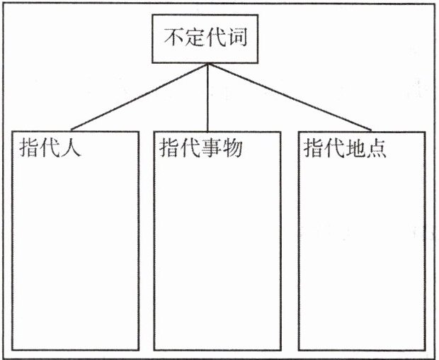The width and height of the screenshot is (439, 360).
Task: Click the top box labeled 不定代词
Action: (207, 40)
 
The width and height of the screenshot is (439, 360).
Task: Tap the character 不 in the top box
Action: (175, 38)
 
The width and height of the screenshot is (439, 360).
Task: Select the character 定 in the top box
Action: (195, 38)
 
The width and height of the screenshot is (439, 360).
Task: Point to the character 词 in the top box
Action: (238, 38)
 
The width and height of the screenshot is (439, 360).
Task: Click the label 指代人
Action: (50, 149)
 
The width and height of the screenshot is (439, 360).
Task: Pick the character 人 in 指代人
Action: (72, 149)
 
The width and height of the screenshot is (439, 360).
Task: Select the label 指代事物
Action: (203, 149)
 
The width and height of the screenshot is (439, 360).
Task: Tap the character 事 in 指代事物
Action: (212, 149)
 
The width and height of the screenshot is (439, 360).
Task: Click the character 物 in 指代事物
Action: (234, 149)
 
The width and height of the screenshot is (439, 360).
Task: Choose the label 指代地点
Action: (346, 149)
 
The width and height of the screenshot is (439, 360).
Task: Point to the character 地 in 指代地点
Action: (355, 149)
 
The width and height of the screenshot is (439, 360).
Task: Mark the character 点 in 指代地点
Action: (377, 149)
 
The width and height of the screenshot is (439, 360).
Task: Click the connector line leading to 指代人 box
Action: (138, 96)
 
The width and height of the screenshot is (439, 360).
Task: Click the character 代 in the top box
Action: (217, 38)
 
